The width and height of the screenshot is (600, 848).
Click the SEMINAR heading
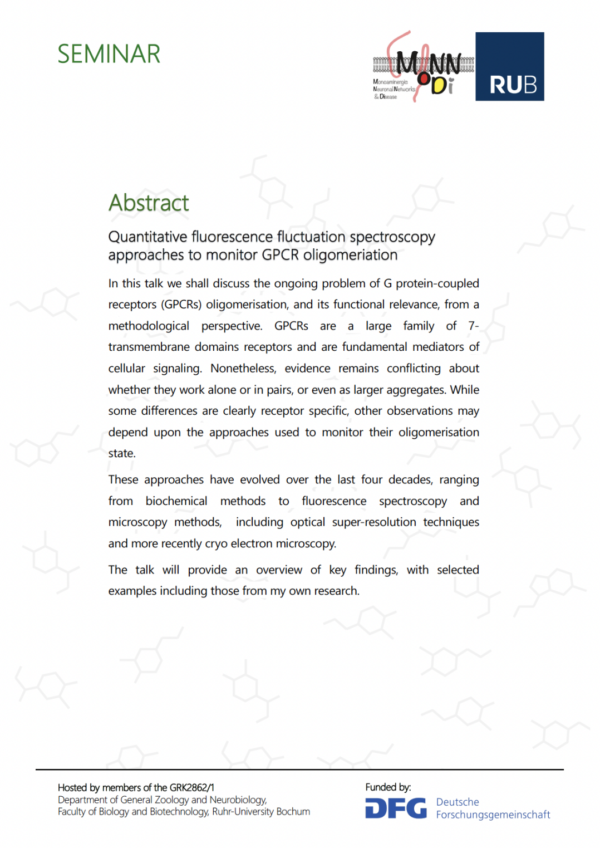(109, 54)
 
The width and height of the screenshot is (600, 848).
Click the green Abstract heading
(149, 203)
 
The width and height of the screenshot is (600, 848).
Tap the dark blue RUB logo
(509, 66)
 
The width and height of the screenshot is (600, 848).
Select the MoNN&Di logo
(423, 67)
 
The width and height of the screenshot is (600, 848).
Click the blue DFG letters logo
(396, 808)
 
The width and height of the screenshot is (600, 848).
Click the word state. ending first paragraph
(122, 454)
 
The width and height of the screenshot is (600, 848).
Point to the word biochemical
(176, 501)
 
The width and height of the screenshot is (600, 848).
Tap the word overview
(279, 570)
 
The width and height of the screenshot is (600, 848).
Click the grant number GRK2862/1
(192, 788)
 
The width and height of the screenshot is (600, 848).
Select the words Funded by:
(388, 787)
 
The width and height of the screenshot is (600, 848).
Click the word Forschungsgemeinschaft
(493, 815)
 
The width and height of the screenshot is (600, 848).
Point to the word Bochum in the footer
(293, 812)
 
